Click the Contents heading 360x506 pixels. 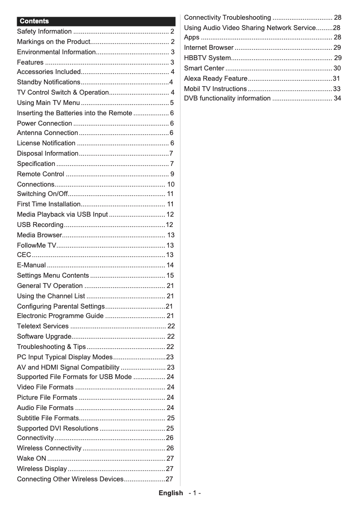(34, 21)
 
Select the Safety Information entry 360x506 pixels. (44, 31)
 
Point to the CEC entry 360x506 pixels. (24, 255)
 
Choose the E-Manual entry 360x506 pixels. (31, 265)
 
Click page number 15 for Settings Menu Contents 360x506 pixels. (170, 275)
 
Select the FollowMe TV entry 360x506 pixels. (37, 245)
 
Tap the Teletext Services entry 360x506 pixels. (43, 326)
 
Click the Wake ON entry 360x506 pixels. (31, 458)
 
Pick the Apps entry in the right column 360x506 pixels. (192, 37)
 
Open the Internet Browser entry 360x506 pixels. (209, 48)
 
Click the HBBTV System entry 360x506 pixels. (207, 58)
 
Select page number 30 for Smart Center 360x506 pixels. (337, 68)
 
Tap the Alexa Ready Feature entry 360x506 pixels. (215, 79)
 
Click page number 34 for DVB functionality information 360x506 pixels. (337, 98)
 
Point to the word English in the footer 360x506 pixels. (171, 493)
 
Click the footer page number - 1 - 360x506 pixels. (195, 493)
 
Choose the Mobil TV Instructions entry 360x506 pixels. (215, 89)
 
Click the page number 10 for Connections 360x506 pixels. (171, 184)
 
